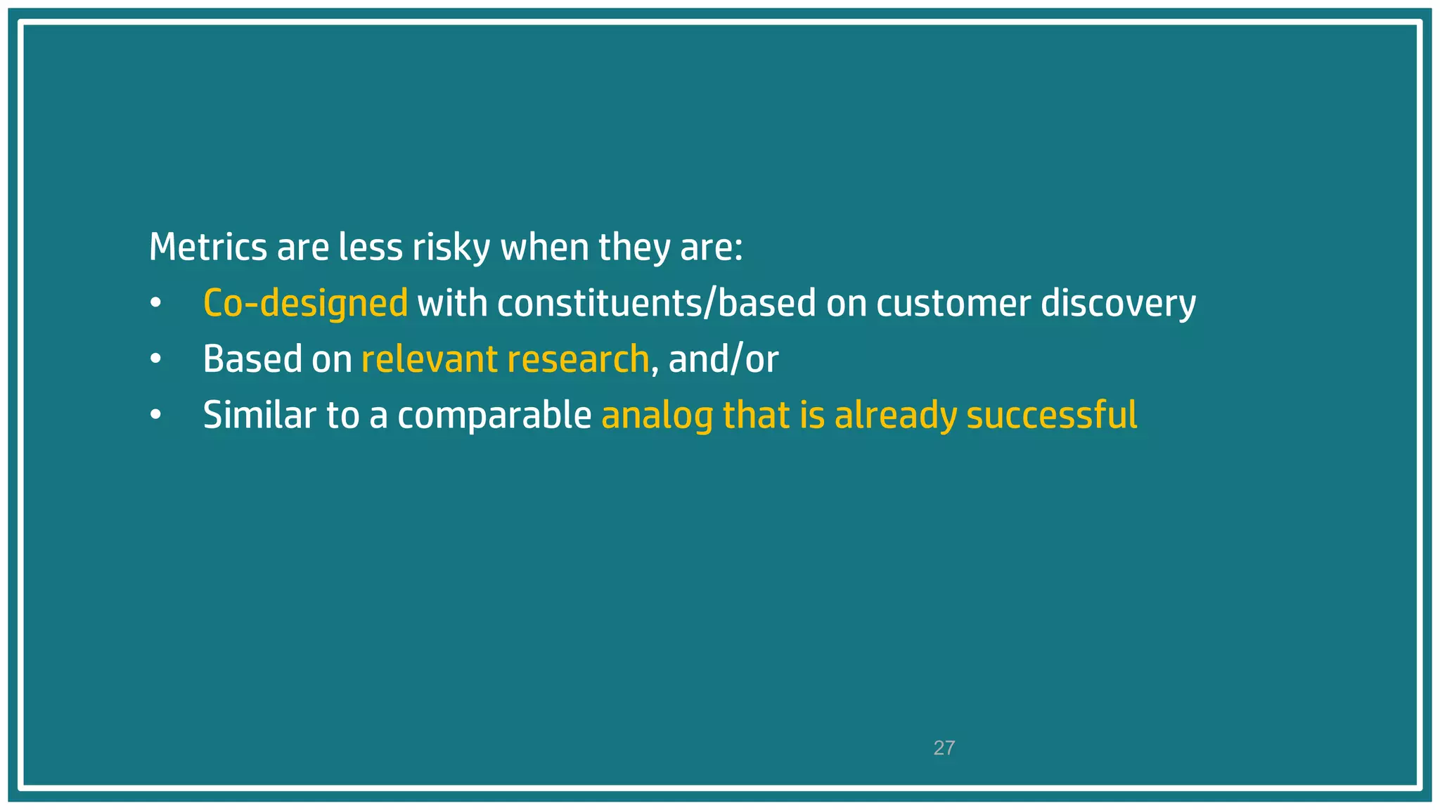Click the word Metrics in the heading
point(208,247)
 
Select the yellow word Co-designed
point(305,304)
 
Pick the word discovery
point(1118,304)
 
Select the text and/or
point(724,359)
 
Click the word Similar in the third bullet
point(259,415)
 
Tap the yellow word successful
point(1052,415)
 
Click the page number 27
point(944,748)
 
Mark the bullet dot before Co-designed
point(155,304)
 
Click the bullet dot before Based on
point(155,360)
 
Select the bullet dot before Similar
point(155,416)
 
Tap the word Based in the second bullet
point(252,359)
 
